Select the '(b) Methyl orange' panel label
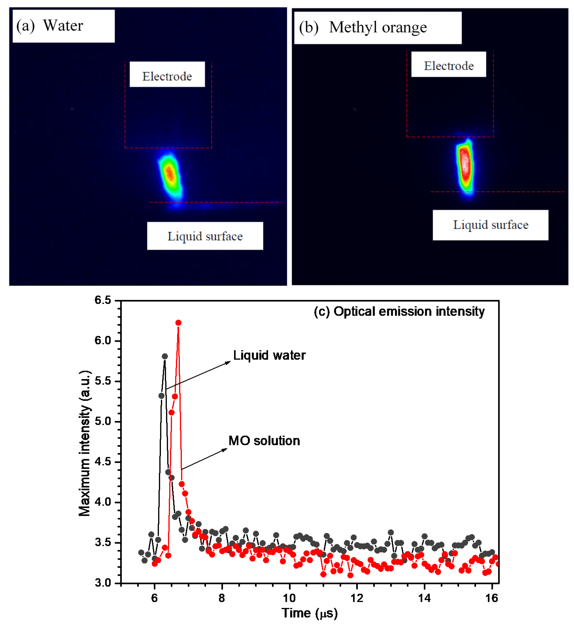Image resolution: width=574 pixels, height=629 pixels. pos(363,27)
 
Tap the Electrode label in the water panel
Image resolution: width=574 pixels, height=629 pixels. pos(167,76)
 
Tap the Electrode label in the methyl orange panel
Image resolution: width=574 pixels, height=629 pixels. pos(449,66)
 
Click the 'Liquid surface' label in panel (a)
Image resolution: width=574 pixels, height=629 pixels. pos(205,236)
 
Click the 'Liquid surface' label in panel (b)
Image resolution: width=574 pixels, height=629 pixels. pos(490,225)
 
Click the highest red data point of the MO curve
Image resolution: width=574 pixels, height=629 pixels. pos(178,323)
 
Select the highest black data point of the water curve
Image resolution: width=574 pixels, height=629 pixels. pos(165,356)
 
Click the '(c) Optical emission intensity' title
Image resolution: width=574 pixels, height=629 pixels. pos(399,311)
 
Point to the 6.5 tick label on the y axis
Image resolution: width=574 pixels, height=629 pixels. pos(103,300)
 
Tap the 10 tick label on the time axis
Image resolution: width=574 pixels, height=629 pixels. pos(289,598)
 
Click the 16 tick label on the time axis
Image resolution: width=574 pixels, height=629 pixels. pos(492,598)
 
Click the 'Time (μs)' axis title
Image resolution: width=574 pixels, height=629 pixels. pos(309,613)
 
